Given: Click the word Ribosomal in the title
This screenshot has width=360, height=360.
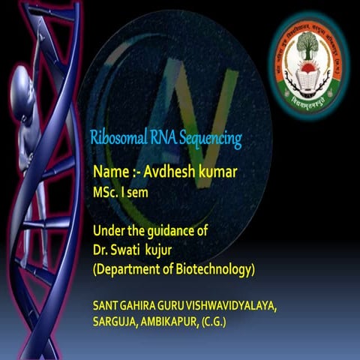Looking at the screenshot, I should tap(113, 139).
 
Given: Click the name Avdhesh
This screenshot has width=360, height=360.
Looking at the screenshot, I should tap(167, 172).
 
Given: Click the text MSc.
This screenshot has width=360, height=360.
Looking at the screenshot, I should tap(105, 192).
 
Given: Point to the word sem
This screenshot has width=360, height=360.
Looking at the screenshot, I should tap(133, 192).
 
